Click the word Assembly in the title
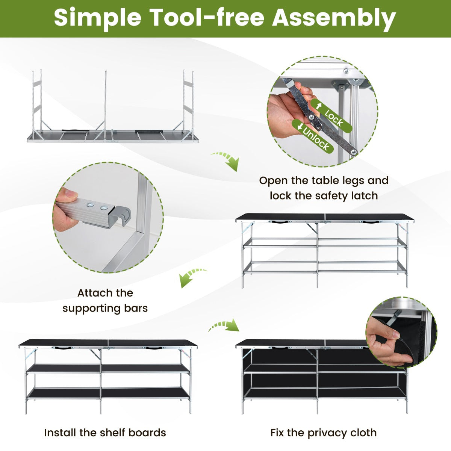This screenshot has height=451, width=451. [334, 19]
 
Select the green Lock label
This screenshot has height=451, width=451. [331, 116]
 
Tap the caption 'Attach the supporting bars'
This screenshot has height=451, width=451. [105, 301]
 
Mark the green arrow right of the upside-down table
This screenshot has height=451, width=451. [225, 160]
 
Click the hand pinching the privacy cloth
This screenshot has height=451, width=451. [387, 344]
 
